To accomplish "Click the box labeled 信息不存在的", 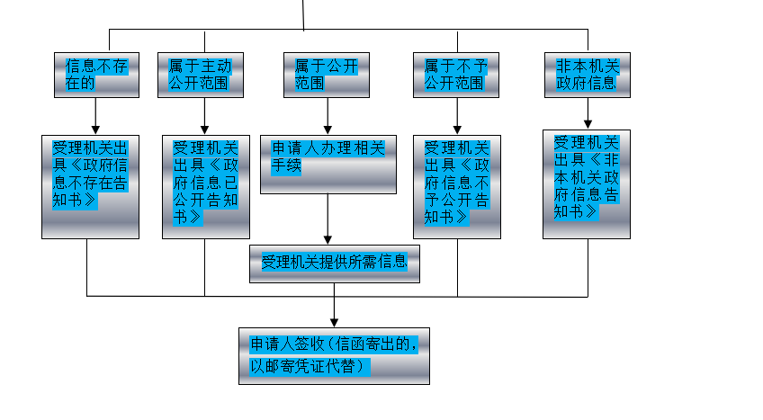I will (95, 75).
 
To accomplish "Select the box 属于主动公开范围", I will (205, 75).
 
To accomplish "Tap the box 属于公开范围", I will (328, 75).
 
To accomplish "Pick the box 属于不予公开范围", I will (457, 75).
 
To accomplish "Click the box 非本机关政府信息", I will (587, 75).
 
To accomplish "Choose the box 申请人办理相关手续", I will (328, 164).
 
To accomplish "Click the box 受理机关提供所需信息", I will (334, 264).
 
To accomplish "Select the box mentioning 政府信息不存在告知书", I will (90, 186).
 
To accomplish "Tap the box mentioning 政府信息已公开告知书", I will (205, 186).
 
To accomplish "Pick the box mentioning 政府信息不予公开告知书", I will (457, 186).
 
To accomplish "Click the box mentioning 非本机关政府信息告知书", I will (587, 183).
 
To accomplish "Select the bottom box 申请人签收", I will (334, 356).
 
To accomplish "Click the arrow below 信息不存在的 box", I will (95, 116).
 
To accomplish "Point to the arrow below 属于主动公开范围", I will (205, 116).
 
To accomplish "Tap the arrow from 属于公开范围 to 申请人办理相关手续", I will (328, 116).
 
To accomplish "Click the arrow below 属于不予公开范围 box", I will (457, 116).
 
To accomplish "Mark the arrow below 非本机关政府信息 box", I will (588, 113).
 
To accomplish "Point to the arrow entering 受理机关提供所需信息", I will (328, 219).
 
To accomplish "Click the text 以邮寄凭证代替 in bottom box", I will (310, 366).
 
